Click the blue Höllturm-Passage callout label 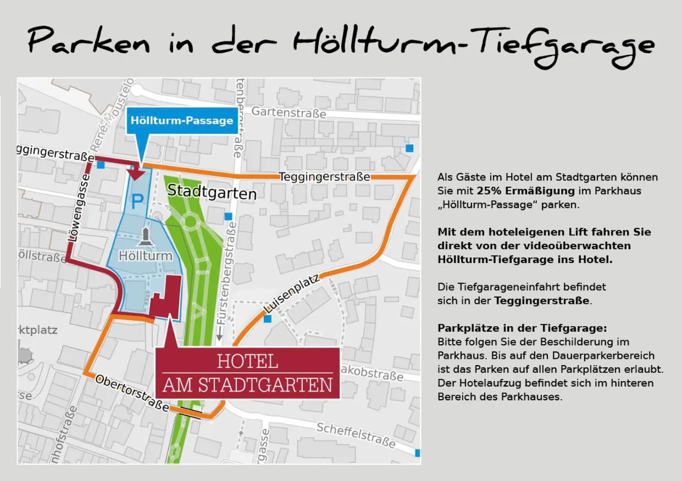point(182,120)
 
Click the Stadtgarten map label point(212,192)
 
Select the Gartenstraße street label point(289,113)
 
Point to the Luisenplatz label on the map point(291,294)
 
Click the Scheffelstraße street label point(356,434)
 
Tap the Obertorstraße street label point(132,392)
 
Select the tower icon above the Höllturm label point(146,237)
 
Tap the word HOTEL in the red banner point(247,362)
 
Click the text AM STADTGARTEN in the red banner point(247,385)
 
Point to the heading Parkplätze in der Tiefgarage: point(522,328)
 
